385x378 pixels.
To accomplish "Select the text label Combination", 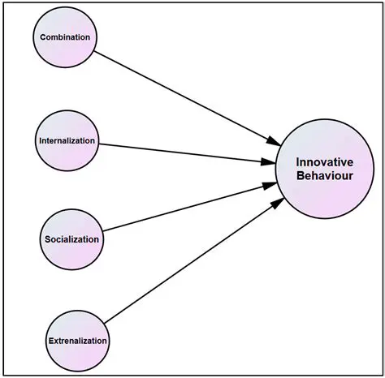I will [x=65, y=38].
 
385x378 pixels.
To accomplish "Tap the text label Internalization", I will [x=67, y=141].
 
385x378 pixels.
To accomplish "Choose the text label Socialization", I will [x=71, y=239].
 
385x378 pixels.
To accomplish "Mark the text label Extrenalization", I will [x=76, y=341].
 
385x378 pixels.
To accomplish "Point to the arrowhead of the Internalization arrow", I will [x=268, y=161].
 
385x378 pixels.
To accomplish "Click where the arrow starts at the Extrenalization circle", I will [x=105, y=323].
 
